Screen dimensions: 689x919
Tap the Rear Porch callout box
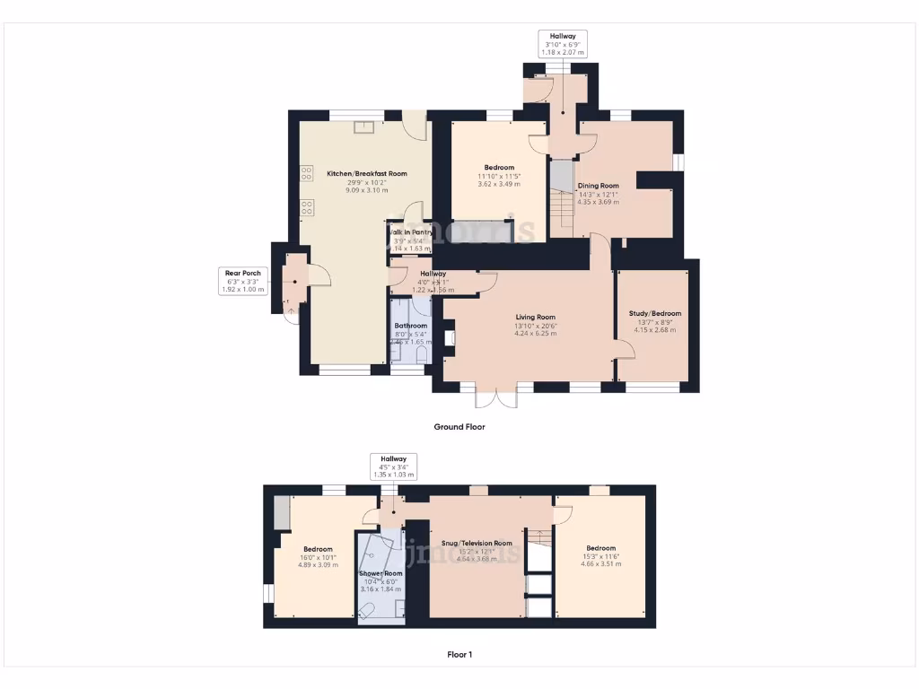(x=242, y=280)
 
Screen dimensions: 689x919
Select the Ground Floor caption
(x=459, y=427)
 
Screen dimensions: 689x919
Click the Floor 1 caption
(x=459, y=655)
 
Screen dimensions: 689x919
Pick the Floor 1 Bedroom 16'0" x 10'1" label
(x=318, y=557)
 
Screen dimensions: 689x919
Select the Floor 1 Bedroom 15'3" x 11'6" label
(x=600, y=556)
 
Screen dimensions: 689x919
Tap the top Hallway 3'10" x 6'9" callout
(x=563, y=44)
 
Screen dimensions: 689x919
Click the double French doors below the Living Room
(x=497, y=396)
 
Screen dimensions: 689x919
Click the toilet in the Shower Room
(x=367, y=612)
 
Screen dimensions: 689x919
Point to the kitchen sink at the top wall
(x=364, y=126)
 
